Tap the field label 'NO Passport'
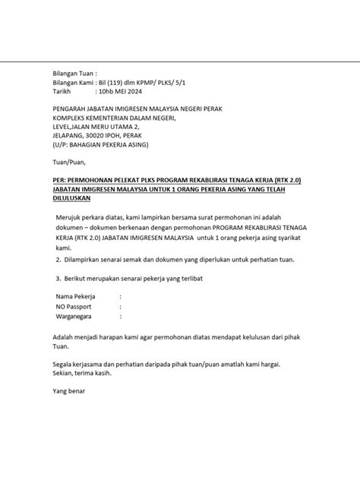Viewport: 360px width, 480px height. coord(77,308)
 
